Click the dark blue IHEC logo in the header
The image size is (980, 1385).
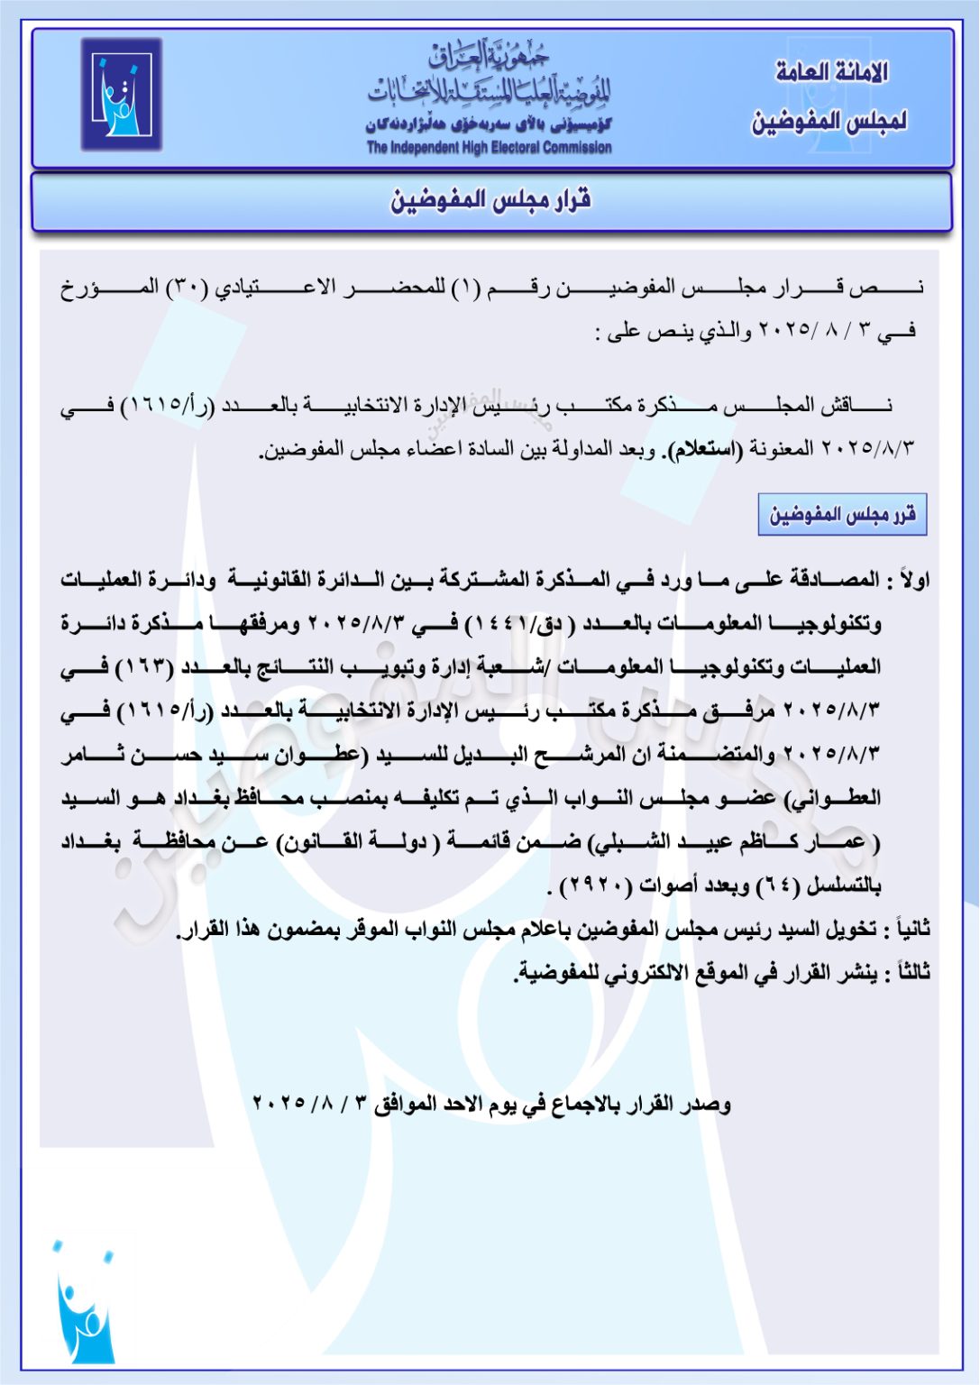(x=121, y=95)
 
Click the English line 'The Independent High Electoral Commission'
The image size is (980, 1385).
(x=489, y=147)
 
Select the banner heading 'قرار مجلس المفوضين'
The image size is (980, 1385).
(x=490, y=200)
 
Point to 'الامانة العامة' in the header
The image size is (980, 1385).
(x=831, y=72)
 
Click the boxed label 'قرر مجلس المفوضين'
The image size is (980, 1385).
(x=842, y=515)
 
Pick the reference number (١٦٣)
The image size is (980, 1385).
(x=150, y=667)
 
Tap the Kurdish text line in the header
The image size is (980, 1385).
(x=489, y=125)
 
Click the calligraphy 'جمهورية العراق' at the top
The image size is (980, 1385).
(x=489, y=57)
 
